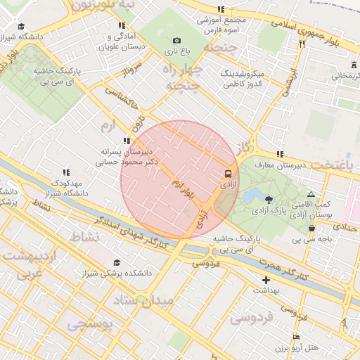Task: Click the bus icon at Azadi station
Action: tap(228, 172)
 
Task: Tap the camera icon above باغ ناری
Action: tap(176, 41)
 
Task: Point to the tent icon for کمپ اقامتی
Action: tap(311, 194)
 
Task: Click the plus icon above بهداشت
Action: tap(266, 281)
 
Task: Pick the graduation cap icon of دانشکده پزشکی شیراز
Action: tap(116, 263)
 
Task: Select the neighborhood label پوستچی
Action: tap(88, 325)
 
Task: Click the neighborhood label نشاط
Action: tap(84, 237)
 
